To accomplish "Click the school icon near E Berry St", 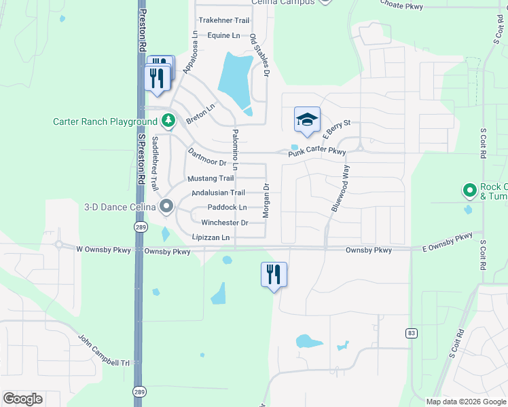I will tap(307, 120).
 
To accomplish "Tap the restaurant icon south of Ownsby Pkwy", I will tap(274, 275).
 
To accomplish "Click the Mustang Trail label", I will tap(211, 178).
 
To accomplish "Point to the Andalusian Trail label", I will tap(218, 193).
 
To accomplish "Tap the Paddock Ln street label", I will tap(227, 208).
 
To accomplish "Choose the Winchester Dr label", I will tap(224, 222).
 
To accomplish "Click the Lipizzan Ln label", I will tap(211, 238).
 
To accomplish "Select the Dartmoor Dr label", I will tap(206, 157).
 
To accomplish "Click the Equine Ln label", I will tap(223, 35).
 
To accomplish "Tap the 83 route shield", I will tap(411, 333).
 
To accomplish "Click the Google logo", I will tap(23, 399).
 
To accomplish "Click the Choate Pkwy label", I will tap(402, 7).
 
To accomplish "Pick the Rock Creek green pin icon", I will tap(469, 191).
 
